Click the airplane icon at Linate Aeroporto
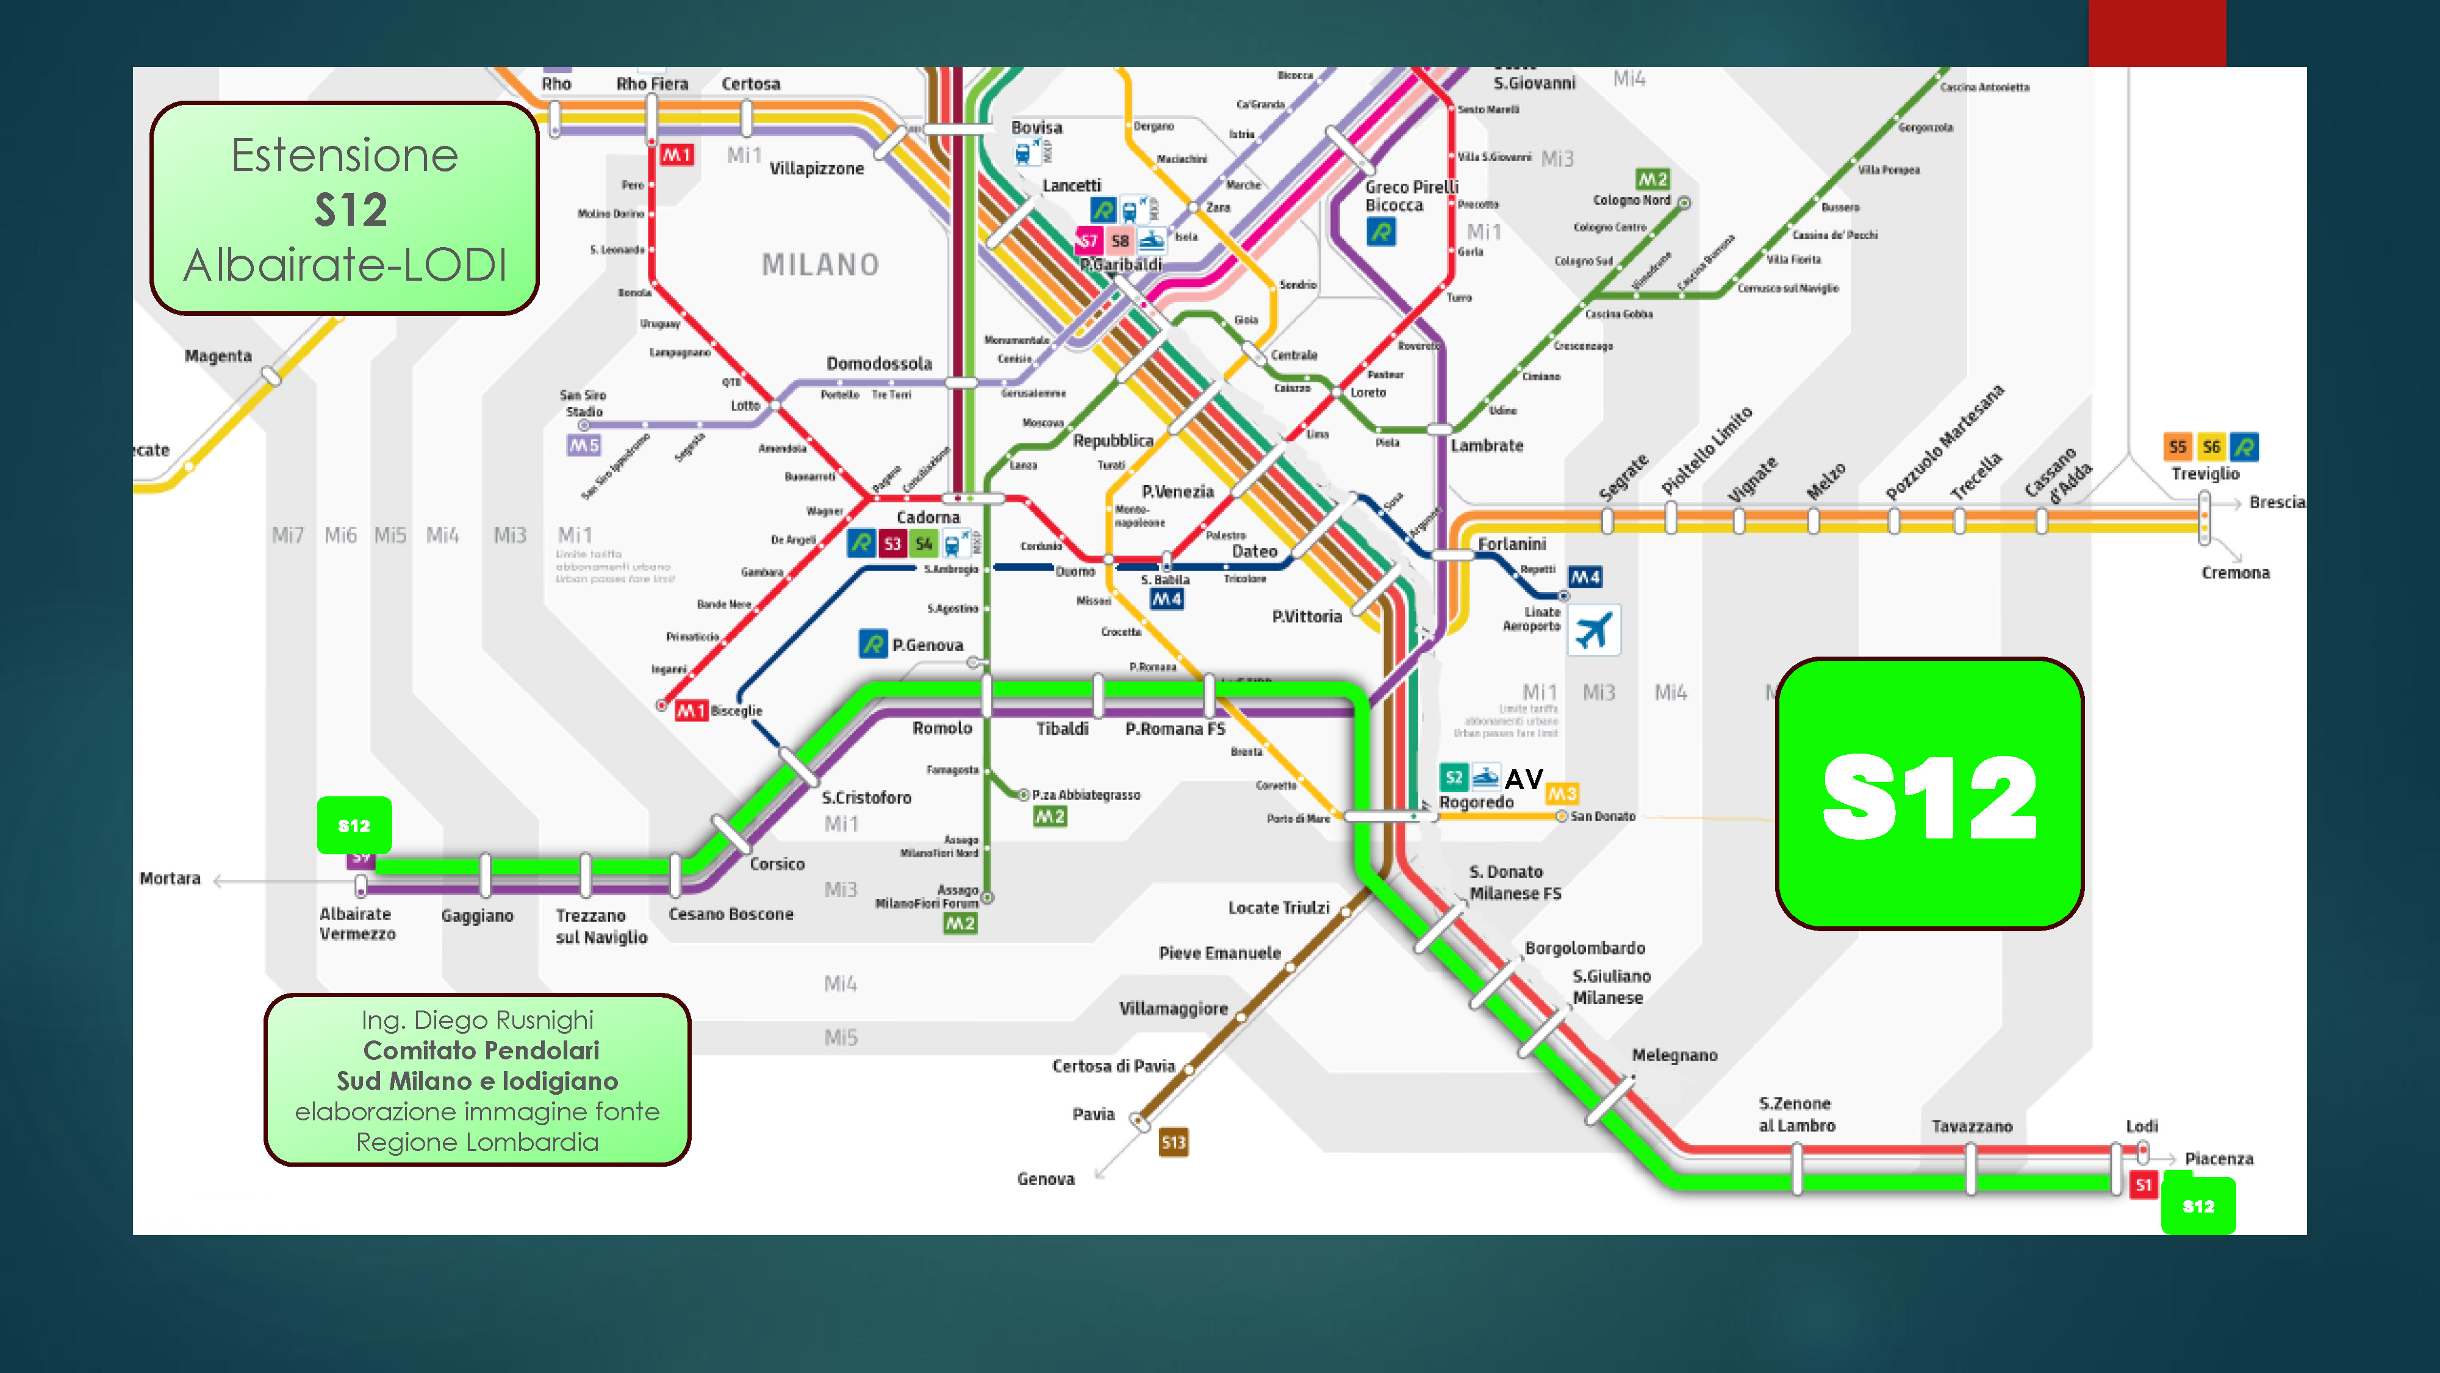pos(1594,630)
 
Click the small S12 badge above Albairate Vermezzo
pos(354,825)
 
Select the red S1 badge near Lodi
pos(2142,1184)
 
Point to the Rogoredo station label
pos(1476,802)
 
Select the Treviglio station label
pos(2205,474)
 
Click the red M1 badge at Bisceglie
pos(691,711)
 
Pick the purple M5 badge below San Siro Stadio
pos(584,445)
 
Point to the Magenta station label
pos(218,356)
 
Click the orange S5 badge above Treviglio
pos(2176,446)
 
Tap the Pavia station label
pos(1093,1114)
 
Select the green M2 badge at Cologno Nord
pos(1652,179)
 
